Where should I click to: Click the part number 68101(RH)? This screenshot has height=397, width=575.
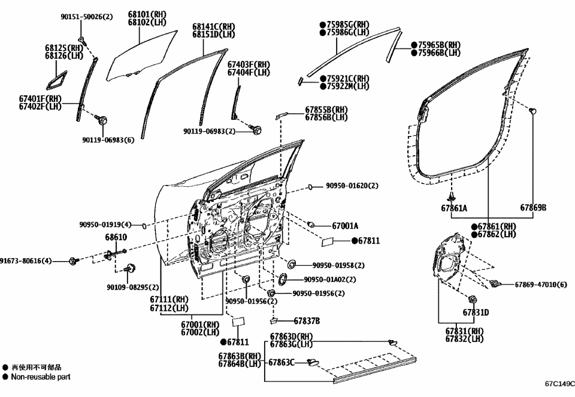point(147,14)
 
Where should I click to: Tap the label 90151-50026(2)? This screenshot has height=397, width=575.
point(86,17)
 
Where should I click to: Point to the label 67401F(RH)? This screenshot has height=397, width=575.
point(40,99)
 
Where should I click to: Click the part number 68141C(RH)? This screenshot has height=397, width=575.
point(213,27)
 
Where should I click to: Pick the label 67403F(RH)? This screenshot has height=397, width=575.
point(249,65)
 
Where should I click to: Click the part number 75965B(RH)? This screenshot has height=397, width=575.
point(438,45)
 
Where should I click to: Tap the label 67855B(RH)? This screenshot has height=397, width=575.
point(326,110)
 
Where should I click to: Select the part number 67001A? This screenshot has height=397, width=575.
point(345,226)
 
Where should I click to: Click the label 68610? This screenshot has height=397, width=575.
point(116,238)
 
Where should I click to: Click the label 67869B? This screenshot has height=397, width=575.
point(533,208)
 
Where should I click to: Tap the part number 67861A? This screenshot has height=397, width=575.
point(454,208)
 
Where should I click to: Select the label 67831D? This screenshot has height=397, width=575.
point(476,312)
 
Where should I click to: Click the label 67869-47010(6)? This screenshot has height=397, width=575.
point(540,284)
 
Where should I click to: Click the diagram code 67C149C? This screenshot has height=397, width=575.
point(559,384)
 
